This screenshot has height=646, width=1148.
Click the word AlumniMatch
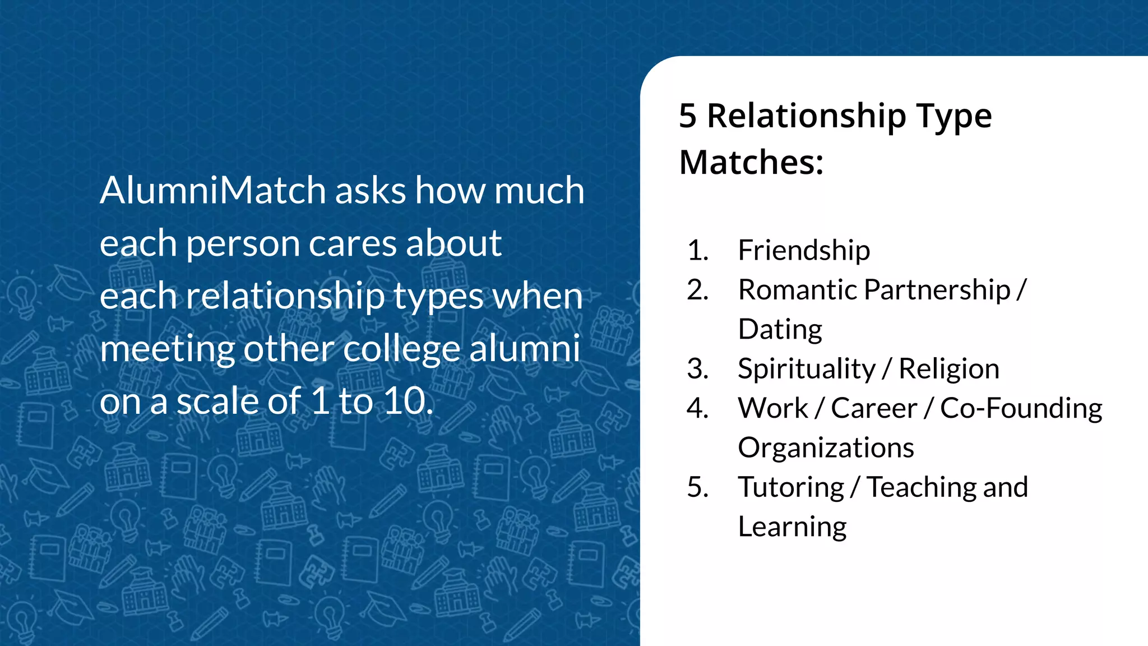(x=214, y=190)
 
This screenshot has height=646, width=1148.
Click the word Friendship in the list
(x=804, y=250)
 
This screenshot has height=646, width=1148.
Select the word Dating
(x=780, y=330)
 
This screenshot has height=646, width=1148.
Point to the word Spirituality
(x=806, y=369)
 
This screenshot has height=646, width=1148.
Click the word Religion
(x=949, y=369)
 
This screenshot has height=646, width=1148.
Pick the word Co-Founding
(x=1021, y=408)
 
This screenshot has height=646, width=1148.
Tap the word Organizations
(x=826, y=447)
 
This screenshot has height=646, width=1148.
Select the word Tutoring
(x=791, y=487)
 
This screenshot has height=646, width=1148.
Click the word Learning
(x=792, y=527)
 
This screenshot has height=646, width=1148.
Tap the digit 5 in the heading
(x=687, y=116)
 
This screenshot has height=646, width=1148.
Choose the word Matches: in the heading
(x=751, y=163)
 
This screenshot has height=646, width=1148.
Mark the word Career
(x=874, y=408)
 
